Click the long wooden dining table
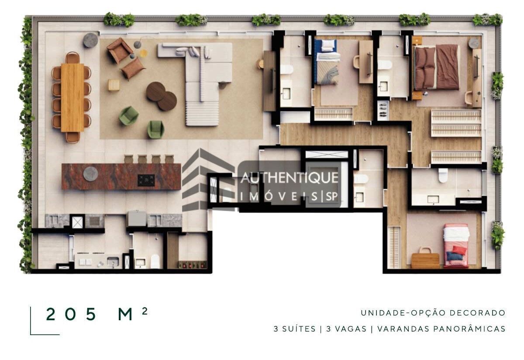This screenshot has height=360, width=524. pos(72,97)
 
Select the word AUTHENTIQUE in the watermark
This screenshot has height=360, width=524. pos(289,178)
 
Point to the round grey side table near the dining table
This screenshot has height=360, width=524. pos(91,40)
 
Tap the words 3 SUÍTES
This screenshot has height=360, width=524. pos(294,329)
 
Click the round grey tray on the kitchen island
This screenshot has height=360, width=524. pos(91,173)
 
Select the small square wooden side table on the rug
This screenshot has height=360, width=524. pos(114,85)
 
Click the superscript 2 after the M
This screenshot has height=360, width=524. pos(145,311)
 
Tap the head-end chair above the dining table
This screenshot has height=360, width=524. pos(72,58)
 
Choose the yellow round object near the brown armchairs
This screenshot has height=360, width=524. pos(144,53)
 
